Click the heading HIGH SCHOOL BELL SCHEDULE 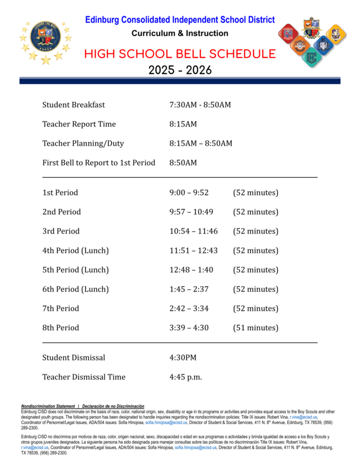click(x=179, y=55)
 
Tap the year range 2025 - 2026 click(x=179, y=70)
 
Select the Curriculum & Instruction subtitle click(x=179, y=33)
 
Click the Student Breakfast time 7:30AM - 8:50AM click(x=200, y=105)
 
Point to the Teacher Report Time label click(x=79, y=124)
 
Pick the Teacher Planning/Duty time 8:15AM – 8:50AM click(x=200, y=143)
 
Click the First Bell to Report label click(x=98, y=163)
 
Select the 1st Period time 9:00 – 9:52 click(x=189, y=193)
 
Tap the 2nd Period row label click(x=61, y=212)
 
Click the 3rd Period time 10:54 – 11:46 click(x=193, y=231)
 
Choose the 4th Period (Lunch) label click(x=75, y=250)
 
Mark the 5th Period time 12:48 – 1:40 click(x=191, y=270)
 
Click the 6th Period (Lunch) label click(x=75, y=289)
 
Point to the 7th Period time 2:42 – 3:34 click(x=189, y=308)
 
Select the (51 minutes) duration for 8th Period click(x=256, y=328)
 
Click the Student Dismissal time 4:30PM click(x=183, y=358)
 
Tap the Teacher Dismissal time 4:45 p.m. click(x=185, y=377)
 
